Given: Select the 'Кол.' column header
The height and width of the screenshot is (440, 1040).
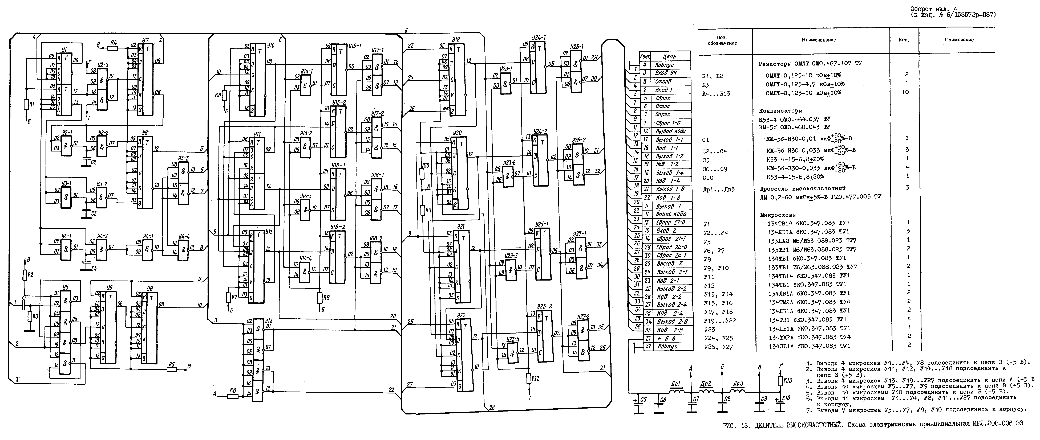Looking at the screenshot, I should point(904,40).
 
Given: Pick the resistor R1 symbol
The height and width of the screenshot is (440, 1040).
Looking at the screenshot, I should point(26,105).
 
